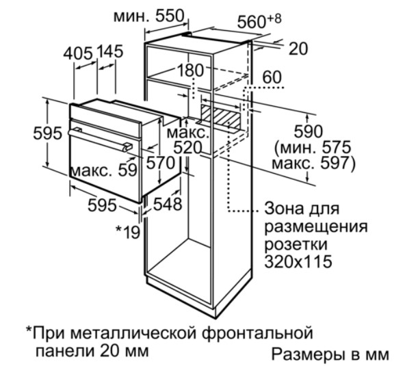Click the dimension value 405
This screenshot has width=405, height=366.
click(78, 53)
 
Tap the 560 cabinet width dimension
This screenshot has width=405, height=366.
click(252, 22)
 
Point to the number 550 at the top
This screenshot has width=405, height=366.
click(170, 16)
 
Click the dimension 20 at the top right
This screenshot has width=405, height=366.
click(298, 49)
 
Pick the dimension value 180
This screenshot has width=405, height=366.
click(190, 70)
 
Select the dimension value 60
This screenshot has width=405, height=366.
click(272, 77)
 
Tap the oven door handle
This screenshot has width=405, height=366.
click(100, 140)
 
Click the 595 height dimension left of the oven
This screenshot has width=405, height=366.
click(48, 133)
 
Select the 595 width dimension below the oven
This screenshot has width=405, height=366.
click(103, 205)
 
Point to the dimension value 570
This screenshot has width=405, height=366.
click(161, 163)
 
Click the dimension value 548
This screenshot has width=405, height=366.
click(168, 205)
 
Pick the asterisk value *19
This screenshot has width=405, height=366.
click(128, 232)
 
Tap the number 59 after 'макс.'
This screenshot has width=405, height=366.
click(128, 170)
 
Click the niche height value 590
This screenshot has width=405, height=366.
click(309, 131)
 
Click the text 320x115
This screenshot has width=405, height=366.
click(298, 261)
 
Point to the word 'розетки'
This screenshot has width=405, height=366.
click(296, 244)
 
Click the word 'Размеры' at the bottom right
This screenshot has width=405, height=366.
click(307, 355)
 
